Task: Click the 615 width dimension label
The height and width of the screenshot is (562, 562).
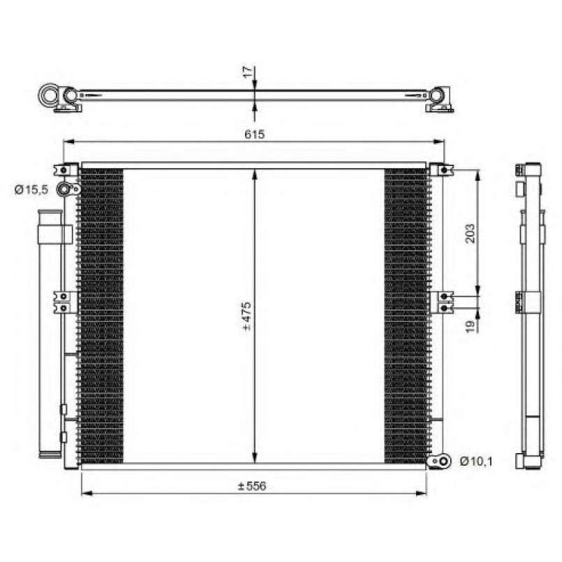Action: click(x=255, y=135)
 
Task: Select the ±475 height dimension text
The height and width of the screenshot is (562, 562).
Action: click(x=247, y=316)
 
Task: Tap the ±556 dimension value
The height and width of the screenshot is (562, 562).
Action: click(x=252, y=487)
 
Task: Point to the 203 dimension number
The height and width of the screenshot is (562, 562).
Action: click(x=471, y=233)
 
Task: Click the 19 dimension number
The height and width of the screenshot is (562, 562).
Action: click(x=471, y=326)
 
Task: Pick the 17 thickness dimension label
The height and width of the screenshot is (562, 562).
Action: click(x=248, y=73)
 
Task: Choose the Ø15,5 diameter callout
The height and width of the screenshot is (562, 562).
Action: click(x=31, y=190)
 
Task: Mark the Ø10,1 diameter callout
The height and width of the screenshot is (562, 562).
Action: click(x=476, y=461)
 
